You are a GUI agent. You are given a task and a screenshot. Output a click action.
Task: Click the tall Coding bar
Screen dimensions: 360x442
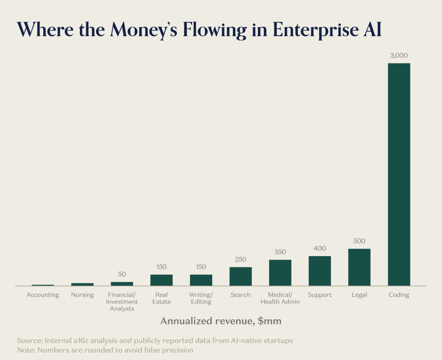(x=399, y=174)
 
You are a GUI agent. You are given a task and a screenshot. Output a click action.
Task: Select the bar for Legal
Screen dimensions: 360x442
(x=359, y=267)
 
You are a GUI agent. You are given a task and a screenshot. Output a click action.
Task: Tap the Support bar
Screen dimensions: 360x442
(x=320, y=270)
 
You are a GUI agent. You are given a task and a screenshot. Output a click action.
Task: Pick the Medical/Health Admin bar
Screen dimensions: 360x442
(x=280, y=273)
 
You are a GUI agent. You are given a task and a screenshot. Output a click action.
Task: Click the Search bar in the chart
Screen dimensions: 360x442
(x=241, y=276)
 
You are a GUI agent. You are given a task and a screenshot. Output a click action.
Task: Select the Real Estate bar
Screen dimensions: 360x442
(x=162, y=280)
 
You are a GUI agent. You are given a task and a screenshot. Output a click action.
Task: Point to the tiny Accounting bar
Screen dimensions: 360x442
(x=43, y=285)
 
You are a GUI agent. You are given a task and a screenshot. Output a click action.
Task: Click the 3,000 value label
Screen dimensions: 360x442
(x=399, y=56)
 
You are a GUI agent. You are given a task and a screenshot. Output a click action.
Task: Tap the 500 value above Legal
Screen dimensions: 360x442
(x=359, y=241)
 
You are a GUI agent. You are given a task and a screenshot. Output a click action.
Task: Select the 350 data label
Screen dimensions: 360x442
(x=280, y=252)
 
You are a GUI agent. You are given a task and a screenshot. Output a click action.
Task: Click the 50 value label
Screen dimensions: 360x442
(x=122, y=274)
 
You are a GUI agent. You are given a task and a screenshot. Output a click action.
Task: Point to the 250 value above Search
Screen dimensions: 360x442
(x=241, y=260)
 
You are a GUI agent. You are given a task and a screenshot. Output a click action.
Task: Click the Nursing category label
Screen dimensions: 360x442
(x=83, y=295)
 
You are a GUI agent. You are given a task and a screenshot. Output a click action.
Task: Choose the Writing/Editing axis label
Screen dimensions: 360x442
(x=201, y=298)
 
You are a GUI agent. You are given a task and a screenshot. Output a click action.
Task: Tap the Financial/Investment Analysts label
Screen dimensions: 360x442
(x=122, y=302)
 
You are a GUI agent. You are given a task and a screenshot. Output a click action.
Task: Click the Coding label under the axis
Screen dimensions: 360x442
(x=399, y=295)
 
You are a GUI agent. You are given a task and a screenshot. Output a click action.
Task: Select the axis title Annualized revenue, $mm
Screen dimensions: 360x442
(x=221, y=321)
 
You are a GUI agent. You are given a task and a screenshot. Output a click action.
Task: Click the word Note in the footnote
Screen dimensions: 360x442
(x=25, y=350)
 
